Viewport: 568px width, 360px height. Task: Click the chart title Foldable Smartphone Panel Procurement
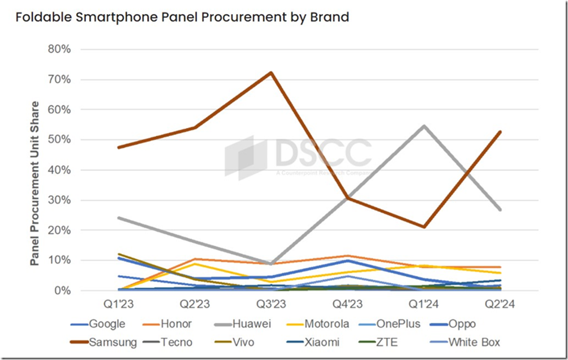coord(182,17)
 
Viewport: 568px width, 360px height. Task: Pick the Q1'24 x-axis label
coord(424,305)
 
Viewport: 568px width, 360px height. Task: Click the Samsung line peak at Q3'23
coord(272,72)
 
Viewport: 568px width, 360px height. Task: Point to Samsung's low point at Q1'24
coord(424,227)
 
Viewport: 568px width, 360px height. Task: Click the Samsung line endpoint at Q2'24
coord(500,132)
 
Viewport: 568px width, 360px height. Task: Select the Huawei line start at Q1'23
coord(118,218)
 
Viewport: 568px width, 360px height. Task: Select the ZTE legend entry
coord(384,342)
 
